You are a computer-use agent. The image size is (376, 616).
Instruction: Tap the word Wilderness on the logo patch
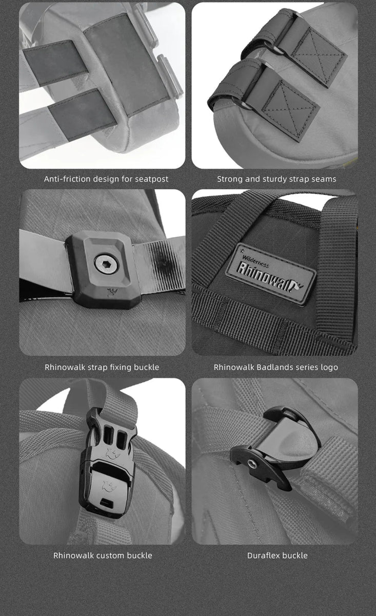(x=255, y=261)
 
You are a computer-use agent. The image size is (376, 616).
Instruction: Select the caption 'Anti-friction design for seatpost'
(x=106, y=179)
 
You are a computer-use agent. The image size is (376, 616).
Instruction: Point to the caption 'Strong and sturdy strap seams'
(x=276, y=179)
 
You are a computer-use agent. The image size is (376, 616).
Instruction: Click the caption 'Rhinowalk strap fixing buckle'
(x=102, y=367)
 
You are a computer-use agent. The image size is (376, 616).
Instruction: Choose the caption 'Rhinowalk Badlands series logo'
(x=276, y=367)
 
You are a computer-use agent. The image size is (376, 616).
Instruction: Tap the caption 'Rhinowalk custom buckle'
(x=103, y=555)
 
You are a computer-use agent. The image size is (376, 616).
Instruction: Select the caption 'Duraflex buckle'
(x=278, y=555)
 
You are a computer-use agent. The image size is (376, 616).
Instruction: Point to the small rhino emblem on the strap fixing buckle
(x=111, y=292)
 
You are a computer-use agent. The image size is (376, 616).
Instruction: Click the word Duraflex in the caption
(x=264, y=555)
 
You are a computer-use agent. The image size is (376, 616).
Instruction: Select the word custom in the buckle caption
(x=110, y=555)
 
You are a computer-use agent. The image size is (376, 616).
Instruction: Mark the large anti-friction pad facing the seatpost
(x=126, y=65)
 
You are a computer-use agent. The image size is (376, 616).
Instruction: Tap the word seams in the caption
(x=324, y=179)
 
